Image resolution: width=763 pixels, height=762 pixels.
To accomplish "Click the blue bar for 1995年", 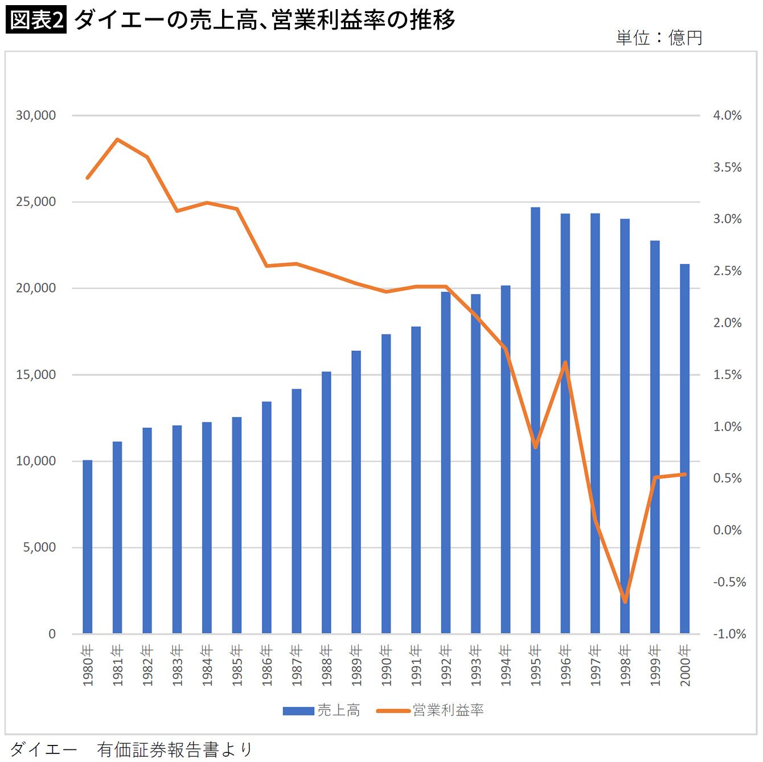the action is point(535,420).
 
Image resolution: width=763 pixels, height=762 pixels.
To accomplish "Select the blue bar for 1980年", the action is point(88,547).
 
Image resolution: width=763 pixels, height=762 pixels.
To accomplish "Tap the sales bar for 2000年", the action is point(684,448).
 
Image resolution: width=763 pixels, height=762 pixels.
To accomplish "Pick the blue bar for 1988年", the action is point(326,502).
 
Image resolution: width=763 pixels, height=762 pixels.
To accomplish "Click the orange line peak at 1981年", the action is point(117,139).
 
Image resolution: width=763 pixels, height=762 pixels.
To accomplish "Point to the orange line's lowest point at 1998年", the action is point(625,602).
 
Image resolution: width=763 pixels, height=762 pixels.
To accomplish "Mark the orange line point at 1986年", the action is point(267,266).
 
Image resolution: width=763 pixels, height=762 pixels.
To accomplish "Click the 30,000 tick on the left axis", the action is point(36,115).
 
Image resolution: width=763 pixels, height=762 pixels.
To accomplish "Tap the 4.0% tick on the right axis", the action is point(727,115).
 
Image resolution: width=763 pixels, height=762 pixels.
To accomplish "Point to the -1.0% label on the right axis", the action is point(729,634).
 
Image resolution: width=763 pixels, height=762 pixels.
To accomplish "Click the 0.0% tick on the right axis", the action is point(727,530).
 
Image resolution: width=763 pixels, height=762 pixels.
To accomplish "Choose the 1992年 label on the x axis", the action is point(446,665).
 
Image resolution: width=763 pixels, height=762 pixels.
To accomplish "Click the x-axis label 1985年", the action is point(237,665).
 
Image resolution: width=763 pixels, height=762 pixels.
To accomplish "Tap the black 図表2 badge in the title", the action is point(36,19).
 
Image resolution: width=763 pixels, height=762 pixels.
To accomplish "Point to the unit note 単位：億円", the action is point(659,38).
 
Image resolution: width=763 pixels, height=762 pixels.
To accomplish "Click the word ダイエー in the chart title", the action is point(119,20).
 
